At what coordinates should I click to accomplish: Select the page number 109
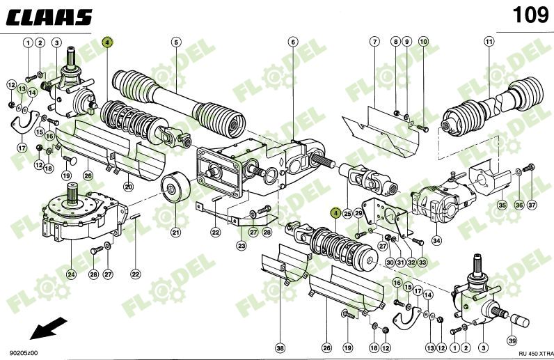tap(529, 15)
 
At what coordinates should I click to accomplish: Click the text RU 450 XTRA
tap(528, 353)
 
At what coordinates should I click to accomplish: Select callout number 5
tap(176, 42)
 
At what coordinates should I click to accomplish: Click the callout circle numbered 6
tap(293, 42)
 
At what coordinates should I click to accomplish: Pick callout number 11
tap(489, 42)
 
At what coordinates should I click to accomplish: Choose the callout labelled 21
tap(176, 232)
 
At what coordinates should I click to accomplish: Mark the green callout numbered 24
tap(72, 274)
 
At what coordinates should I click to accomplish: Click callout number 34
tap(436, 241)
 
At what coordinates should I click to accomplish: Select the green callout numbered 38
tap(280, 347)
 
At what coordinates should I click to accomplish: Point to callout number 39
tap(512, 341)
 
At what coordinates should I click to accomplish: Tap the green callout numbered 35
tap(501, 205)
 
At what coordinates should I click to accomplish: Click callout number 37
tap(532, 205)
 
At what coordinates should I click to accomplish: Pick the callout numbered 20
tap(129, 186)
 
